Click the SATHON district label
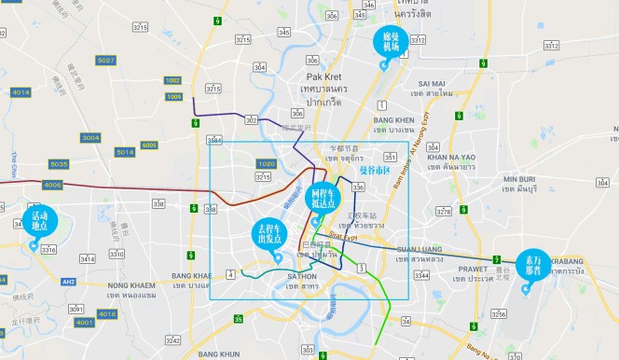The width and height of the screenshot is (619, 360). point(302,277)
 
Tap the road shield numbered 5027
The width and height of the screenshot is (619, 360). point(105,61)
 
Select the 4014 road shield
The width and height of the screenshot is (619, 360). point(21,92)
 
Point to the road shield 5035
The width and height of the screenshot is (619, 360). point(59,164)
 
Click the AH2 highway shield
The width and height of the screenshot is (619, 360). point(68,281)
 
